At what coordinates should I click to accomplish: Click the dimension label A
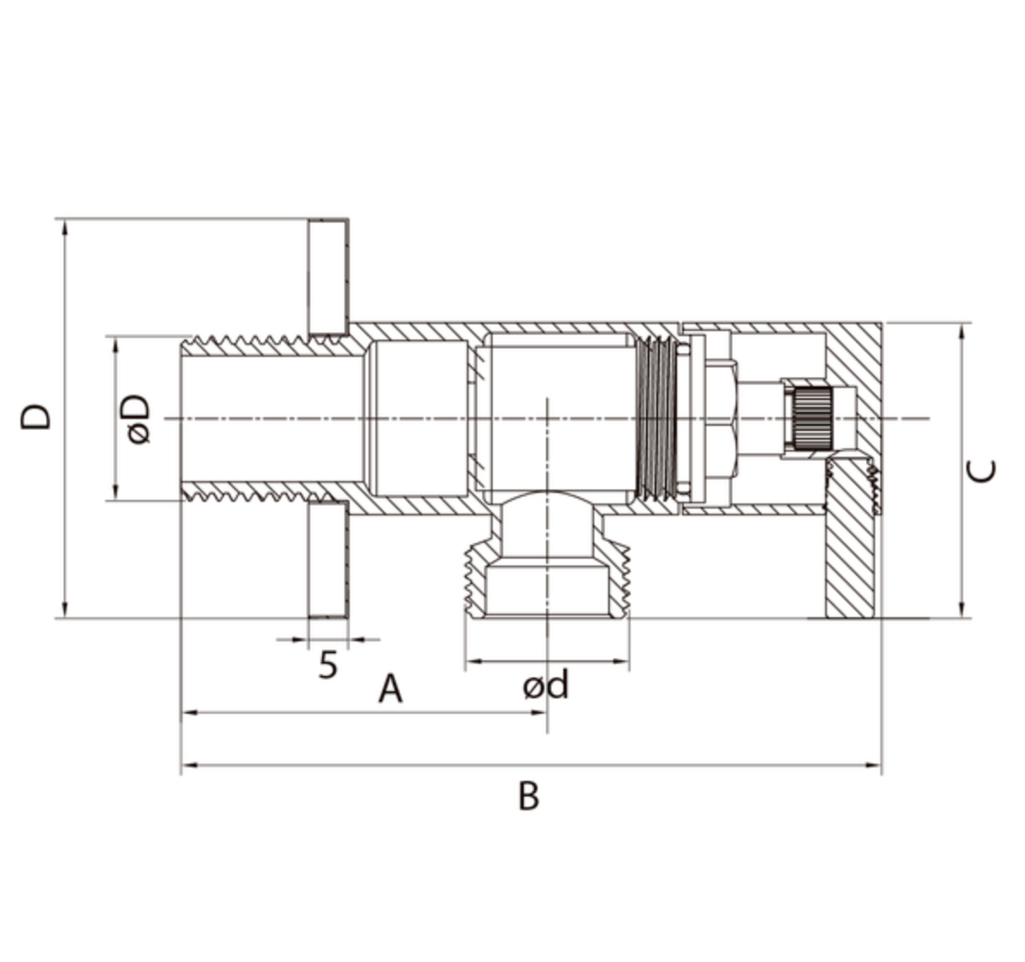[390, 690]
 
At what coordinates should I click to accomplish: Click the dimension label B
[528, 796]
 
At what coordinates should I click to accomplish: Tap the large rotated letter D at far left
[37, 416]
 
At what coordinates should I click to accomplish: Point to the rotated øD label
[138, 419]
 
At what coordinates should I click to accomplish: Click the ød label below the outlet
[546, 686]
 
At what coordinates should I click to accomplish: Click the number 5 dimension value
[327, 665]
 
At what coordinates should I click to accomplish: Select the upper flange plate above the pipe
[328, 277]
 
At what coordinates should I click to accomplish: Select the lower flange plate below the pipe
[328, 559]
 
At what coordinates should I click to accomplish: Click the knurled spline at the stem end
[811, 419]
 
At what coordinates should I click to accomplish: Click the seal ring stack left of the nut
[656, 419]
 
